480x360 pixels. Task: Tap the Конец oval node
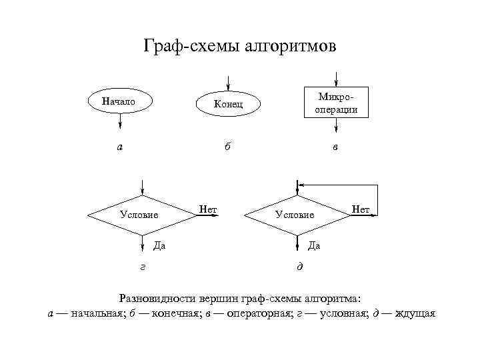[x=228, y=104]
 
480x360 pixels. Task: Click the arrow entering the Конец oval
[x=228, y=82]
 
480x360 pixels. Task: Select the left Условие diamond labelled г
[x=141, y=215]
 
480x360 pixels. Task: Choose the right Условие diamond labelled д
[x=297, y=215]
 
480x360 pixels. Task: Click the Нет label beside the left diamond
[x=209, y=210]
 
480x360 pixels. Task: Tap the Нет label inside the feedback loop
[x=361, y=209]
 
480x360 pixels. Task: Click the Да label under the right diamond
[x=314, y=245]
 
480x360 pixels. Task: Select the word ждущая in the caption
[x=415, y=313]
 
